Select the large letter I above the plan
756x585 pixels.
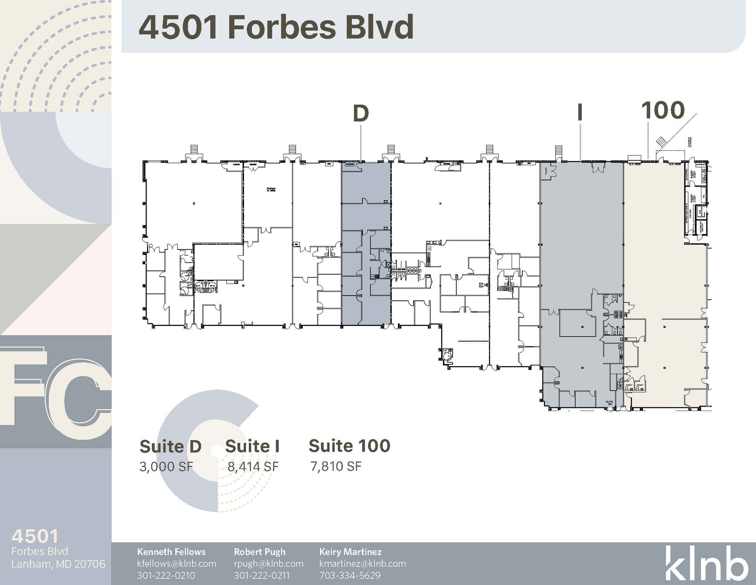click(x=580, y=112)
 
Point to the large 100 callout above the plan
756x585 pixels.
click(x=663, y=110)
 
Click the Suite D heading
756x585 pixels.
click(x=171, y=446)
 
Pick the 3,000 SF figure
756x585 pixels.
click(x=166, y=467)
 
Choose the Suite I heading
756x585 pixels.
click(x=252, y=446)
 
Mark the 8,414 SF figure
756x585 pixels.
click(x=253, y=467)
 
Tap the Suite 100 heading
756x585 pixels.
click(x=349, y=446)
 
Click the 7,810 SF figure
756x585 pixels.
click(x=336, y=466)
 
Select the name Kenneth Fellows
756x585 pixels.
click(x=171, y=552)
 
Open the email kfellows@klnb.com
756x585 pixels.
click(x=176, y=564)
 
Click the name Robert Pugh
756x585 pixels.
click(x=260, y=552)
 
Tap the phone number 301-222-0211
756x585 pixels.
click(x=261, y=575)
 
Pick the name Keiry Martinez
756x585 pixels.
click(x=350, y=552)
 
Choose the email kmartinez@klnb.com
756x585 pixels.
click(x=362, y=564)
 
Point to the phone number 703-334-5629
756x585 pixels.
click(x=350, y=575)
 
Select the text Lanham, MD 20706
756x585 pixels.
click(x=58, y=564)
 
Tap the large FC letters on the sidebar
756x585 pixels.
click(x=55, y=392)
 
